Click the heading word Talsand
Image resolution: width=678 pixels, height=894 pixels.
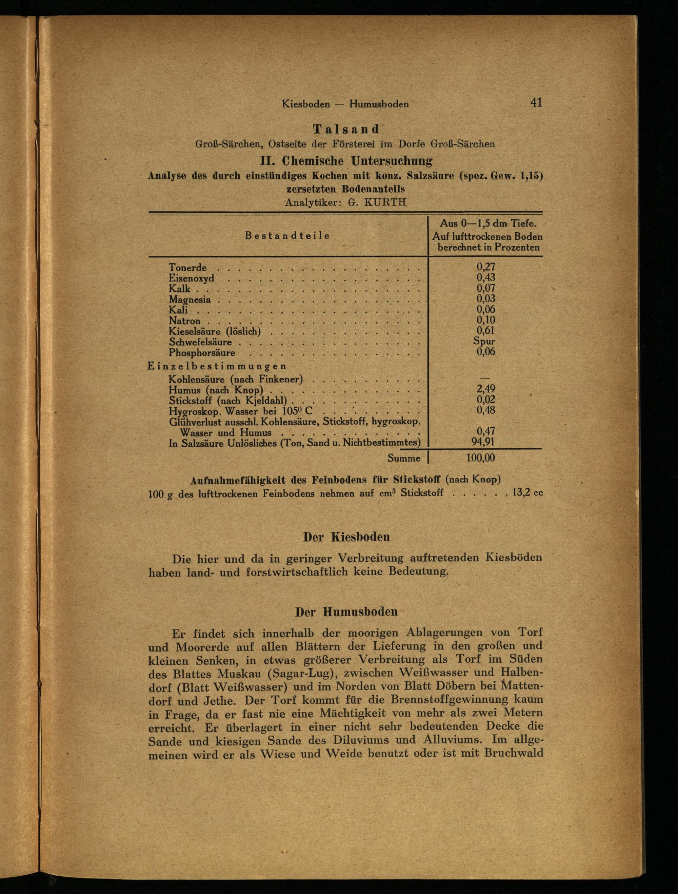coord(346,129)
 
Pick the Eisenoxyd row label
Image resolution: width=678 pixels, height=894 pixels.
coord(192,278)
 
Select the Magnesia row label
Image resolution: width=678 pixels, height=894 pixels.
coord(190,299)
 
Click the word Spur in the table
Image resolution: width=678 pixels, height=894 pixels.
coord(484,341)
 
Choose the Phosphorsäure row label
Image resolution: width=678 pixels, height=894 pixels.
coord(202,353)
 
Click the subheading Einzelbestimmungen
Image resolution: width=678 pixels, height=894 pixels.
coord(217,366)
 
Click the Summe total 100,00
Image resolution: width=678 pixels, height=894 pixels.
coord(480,458)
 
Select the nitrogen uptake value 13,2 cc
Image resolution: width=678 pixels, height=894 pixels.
coord(527,493)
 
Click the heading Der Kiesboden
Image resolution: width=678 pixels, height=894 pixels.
coord(346,537)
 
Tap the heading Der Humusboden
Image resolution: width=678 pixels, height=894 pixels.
coord(346,611)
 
